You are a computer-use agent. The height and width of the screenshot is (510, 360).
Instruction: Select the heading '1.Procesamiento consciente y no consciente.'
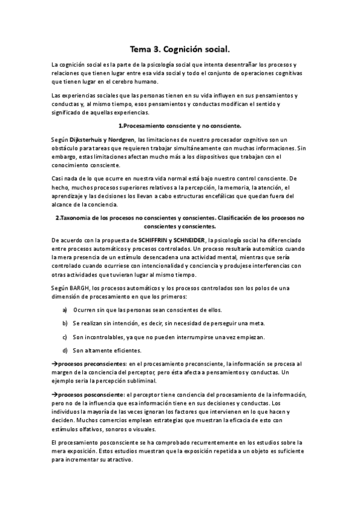[x=180, y=125]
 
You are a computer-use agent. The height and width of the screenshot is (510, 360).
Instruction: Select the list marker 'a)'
[x=65, y=310]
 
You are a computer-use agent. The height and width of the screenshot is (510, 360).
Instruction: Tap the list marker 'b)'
[x=65, y=324]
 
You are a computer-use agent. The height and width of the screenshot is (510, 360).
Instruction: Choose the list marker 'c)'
[x=65, y=337]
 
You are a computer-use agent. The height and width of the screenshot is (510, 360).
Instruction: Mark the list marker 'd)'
[x=65, y=350]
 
